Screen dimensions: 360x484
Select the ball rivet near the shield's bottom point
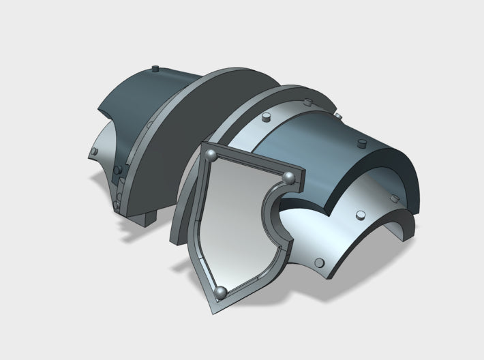220,293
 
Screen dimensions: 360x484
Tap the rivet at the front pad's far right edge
393,198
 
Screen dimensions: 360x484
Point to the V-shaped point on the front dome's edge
328,207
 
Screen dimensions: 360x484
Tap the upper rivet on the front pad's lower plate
358,215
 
